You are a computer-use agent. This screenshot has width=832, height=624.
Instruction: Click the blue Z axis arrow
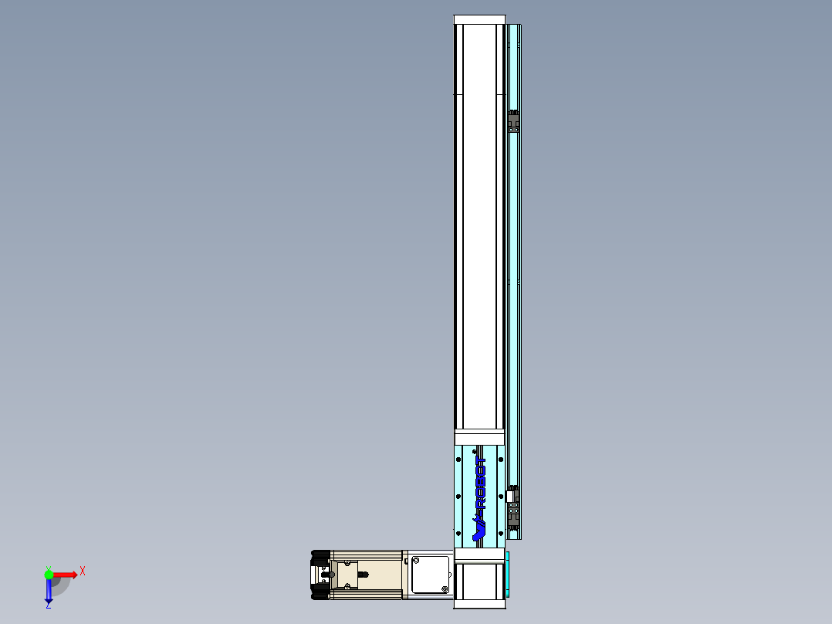click(49, 592)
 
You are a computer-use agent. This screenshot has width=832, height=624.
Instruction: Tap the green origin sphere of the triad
click(49, 574)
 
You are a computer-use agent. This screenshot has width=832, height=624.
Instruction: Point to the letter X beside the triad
click(82, 571)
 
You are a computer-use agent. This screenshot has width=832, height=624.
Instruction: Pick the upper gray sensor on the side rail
click(512, 122)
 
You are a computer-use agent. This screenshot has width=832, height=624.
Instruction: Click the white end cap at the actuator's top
click(479, 19)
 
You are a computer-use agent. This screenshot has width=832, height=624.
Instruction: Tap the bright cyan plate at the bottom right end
click(508, 575)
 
